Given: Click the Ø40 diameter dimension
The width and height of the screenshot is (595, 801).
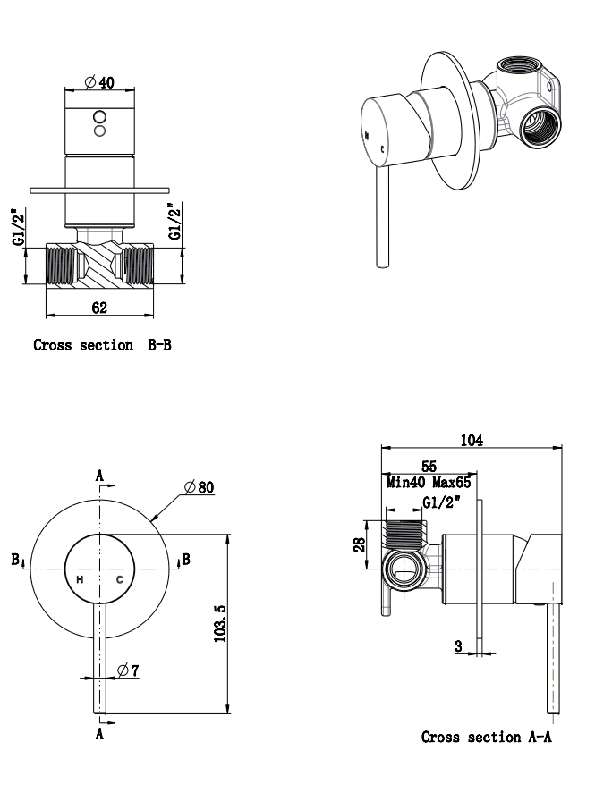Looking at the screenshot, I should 99,82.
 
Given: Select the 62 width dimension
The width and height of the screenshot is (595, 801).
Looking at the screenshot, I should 99,308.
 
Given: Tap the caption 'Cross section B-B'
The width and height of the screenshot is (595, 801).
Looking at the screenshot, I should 102,345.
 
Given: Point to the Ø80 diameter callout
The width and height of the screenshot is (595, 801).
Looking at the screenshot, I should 200,487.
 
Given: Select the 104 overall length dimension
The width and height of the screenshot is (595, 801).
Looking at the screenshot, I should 471,440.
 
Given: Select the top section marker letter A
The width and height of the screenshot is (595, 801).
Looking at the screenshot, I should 99,475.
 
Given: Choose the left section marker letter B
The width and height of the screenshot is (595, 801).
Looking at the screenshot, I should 15,560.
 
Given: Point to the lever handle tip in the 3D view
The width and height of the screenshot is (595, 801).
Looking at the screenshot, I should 383,262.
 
